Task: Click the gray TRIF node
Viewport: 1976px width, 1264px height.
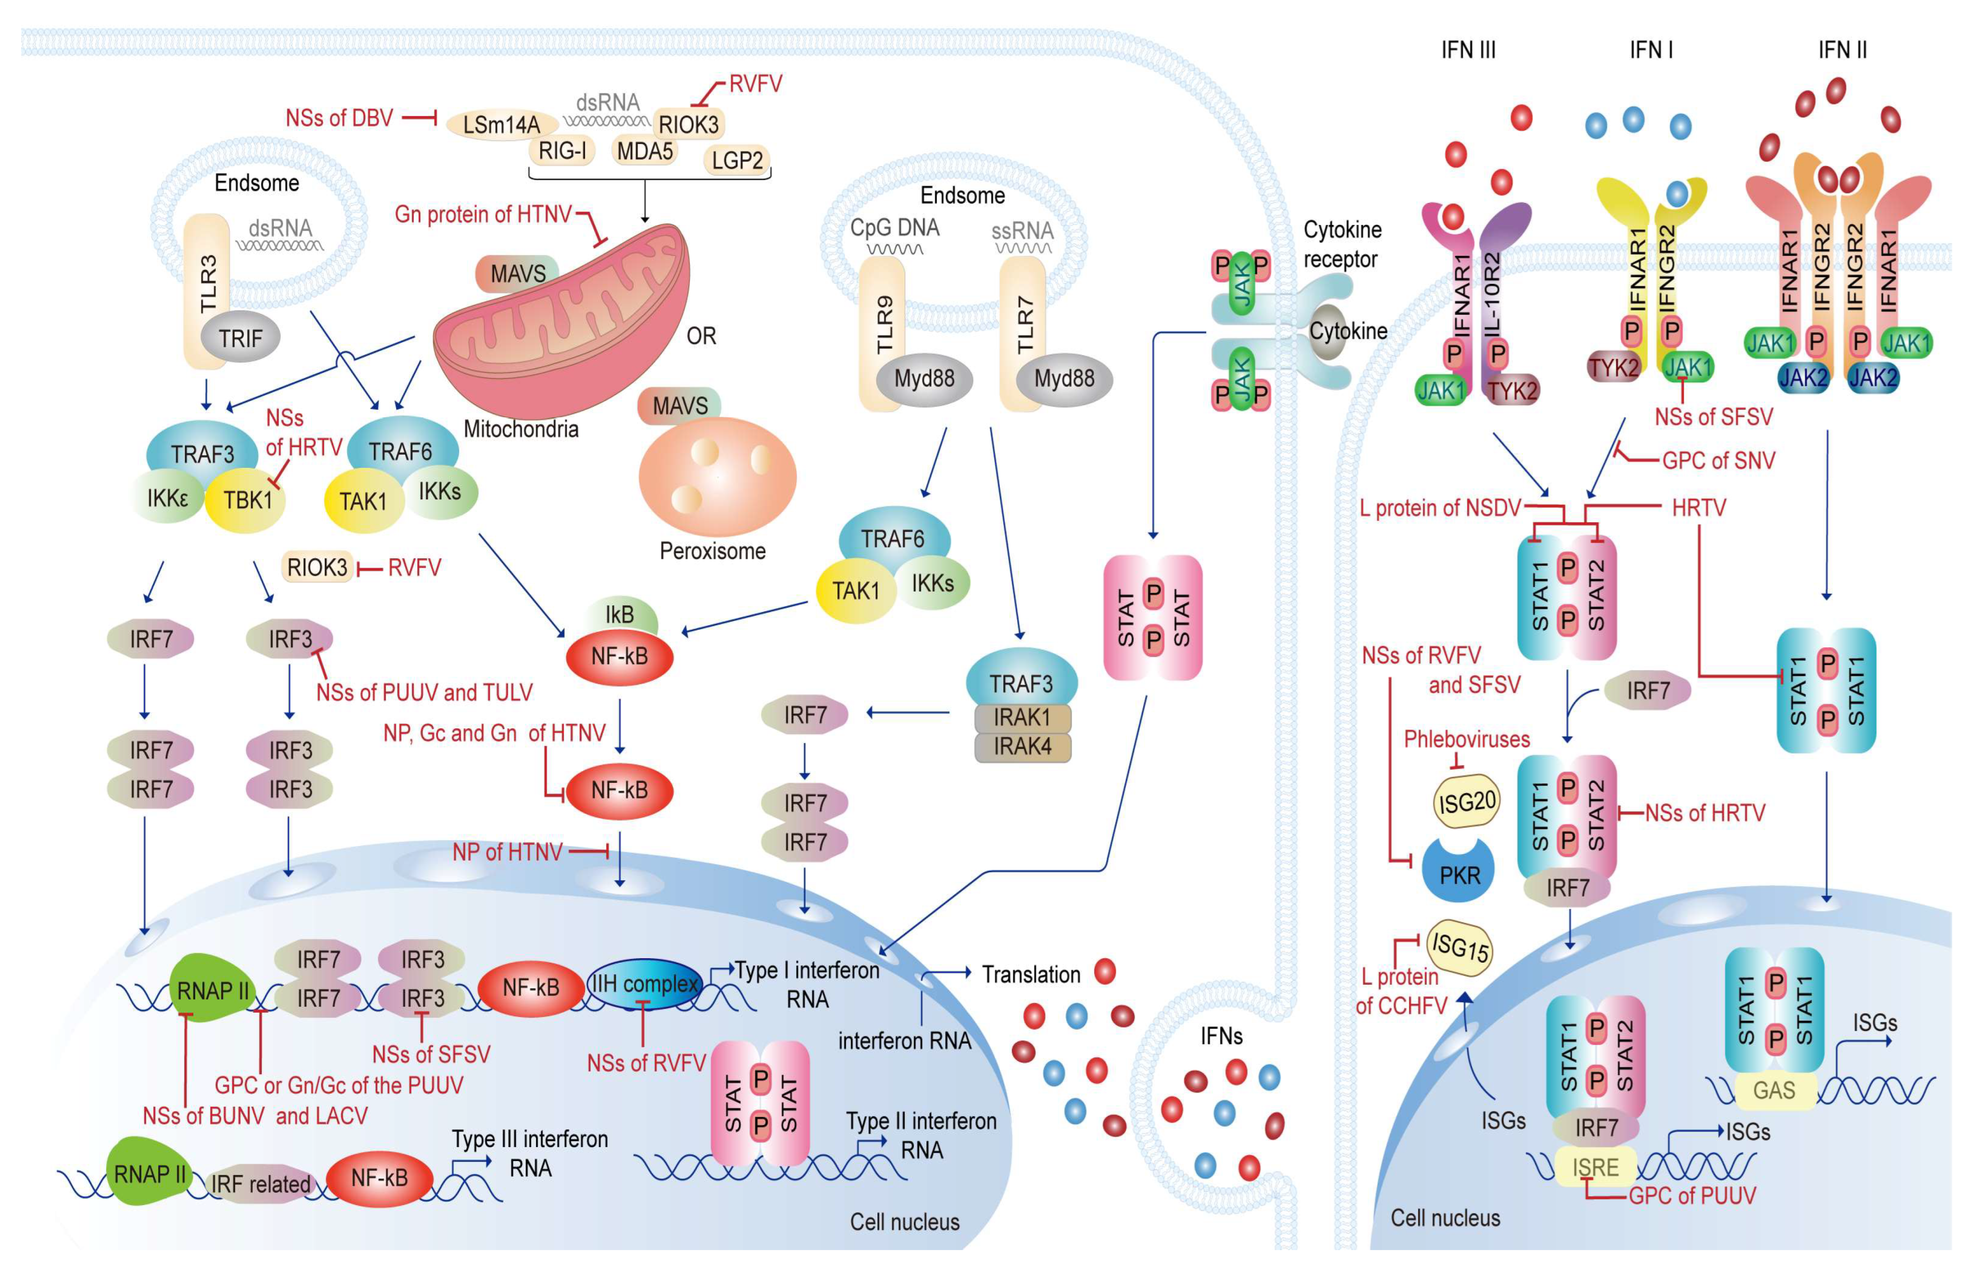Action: [x=240, y=337]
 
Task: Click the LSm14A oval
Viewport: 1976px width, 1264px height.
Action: [x=502, y=125]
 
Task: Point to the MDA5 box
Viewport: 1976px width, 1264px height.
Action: [x=645, y=151]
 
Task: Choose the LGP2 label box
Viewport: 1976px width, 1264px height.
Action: [x=737, y=160]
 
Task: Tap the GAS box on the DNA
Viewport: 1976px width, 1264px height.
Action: [x=1774, y=1091]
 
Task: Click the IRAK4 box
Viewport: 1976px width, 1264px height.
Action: [x=1022, y=747]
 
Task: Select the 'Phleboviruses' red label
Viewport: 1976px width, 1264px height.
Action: [x=1466, y=739]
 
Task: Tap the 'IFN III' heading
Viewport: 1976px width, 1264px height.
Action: [x=1468, y=50]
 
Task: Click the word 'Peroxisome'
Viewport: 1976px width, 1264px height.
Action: [x=712, y=551]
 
